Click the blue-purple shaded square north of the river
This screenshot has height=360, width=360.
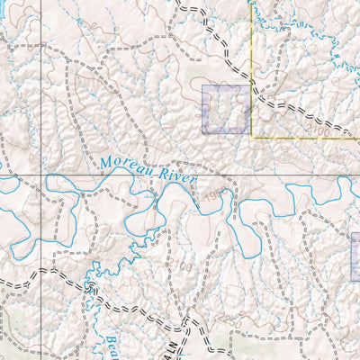pyautogui.click(x=225, y=109)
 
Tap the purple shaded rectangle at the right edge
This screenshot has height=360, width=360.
pyautogui.click(x=355, y=256)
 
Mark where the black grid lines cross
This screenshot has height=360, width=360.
pyautogui.click(x=41, y=173)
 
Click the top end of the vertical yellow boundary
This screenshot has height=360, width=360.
pyautogui.click(x=250, y=2)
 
